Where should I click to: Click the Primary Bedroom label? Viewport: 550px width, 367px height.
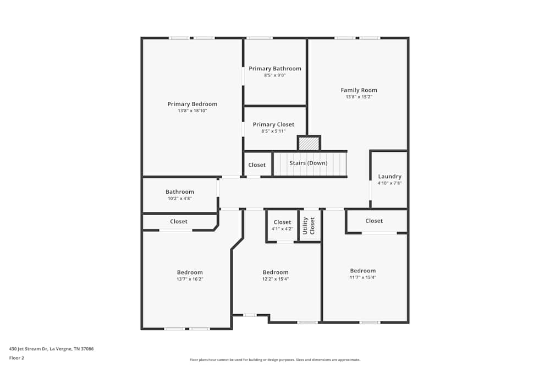click(x=192, y=104)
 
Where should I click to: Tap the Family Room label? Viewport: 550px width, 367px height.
click(x=359, y=90)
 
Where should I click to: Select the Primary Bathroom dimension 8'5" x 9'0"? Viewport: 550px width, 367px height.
click(x=274, y=75)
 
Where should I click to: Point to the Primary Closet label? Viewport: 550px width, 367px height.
click(x=273, y=124)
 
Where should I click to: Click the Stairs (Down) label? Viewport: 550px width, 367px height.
click(x=309, y=163)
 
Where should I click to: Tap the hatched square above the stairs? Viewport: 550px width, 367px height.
click(x=309, y=143)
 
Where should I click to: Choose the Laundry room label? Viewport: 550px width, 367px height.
click(x=389, y=177)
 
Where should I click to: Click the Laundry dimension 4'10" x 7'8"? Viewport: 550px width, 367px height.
click(x=389, y=183)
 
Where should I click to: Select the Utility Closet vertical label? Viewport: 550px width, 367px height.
click(x=309, y=226)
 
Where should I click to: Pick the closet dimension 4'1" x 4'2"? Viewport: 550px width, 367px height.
click(x=282, y=229)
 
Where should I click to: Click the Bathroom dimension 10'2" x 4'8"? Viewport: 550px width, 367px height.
click(x=179, y=199)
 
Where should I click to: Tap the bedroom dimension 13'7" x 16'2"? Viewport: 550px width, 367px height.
click(x=190, y=279)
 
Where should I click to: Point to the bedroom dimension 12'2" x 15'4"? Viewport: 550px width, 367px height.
click(x=275, y=279)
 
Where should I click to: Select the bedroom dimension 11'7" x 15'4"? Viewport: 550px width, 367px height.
click(x=363, y=277)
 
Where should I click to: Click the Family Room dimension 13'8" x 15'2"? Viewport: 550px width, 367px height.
click(x=359, y=97)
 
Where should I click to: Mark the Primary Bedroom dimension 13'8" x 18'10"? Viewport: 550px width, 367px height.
click(x=192, y=111)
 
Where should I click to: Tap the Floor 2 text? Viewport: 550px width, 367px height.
click(x=16, y=358)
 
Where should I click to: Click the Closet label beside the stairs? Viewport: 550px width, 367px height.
click(x=257, y=165)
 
